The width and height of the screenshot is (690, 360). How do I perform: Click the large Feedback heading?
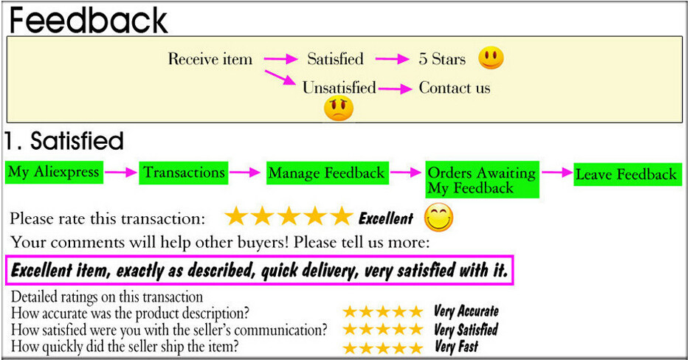pyautogui.click(x=89, y=20)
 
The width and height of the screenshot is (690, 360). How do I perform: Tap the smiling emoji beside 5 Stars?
pyautogui.click(x=491, y=58)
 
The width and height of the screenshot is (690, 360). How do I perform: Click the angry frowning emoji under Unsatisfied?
pyautogui.click(x=339, y=108)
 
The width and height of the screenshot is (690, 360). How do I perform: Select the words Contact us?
pyautogui.click(x=454, y=88)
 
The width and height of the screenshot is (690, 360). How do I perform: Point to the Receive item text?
pyautogui.click(x=210, y=58)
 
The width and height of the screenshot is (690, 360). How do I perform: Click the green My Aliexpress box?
pyautogui.click(x=54, y=172)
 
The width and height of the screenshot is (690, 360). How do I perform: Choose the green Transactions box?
pyautogui.click(x=184, y=173)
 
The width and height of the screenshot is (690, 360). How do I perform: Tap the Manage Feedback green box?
pyautogui.click(x=328, y=173)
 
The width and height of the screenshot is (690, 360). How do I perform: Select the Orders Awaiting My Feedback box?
pyautogui.click(x=482, y=179)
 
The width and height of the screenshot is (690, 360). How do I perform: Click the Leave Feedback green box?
pyautogui.click(x=627, y=175)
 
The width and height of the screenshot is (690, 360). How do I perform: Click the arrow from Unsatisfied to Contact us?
pyautogui.click(x=395, y=89)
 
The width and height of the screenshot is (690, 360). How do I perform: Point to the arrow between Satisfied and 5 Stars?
pyautogui.click(x=392, y=58)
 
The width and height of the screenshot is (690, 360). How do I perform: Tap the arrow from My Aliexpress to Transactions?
pyautogui.click(x=121, y=172)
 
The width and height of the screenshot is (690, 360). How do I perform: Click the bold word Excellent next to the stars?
pyautogui.click(x=386, y=218)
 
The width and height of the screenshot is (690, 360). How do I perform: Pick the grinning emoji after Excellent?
pyautogui.click(x=439, y=218)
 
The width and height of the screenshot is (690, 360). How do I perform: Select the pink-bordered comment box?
pyautogui.click(x=259, y=270)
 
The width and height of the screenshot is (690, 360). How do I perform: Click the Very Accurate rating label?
pyautogui.click(x=466, y=311)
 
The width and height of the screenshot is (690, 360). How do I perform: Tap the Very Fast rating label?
pyautogui.click(x=456, y=347)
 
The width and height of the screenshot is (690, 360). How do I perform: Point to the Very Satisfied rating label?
pyautogui.click(x=466, y=329)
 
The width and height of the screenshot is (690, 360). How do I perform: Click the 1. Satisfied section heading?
pyautogui.click(x=64, y=142)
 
